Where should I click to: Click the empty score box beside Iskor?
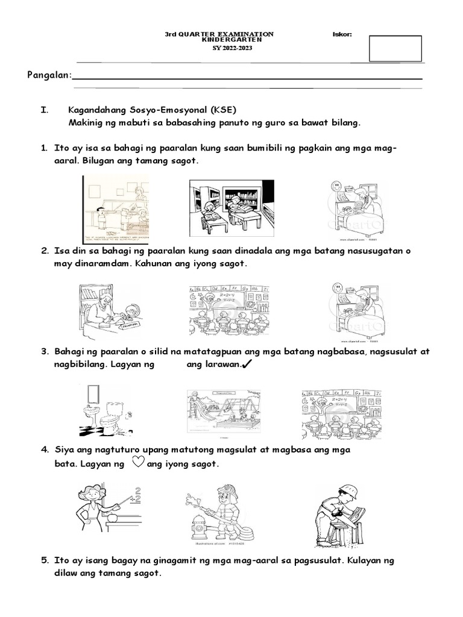tap(395, 48)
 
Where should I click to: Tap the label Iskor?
tap(342, 34)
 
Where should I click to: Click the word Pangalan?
tap(49, 75)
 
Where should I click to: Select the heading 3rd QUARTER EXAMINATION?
tap(219, 34)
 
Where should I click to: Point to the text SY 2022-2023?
tap(220, 48)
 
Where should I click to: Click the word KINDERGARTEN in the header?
tap(220, 41)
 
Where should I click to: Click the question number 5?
tap(45, 560)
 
